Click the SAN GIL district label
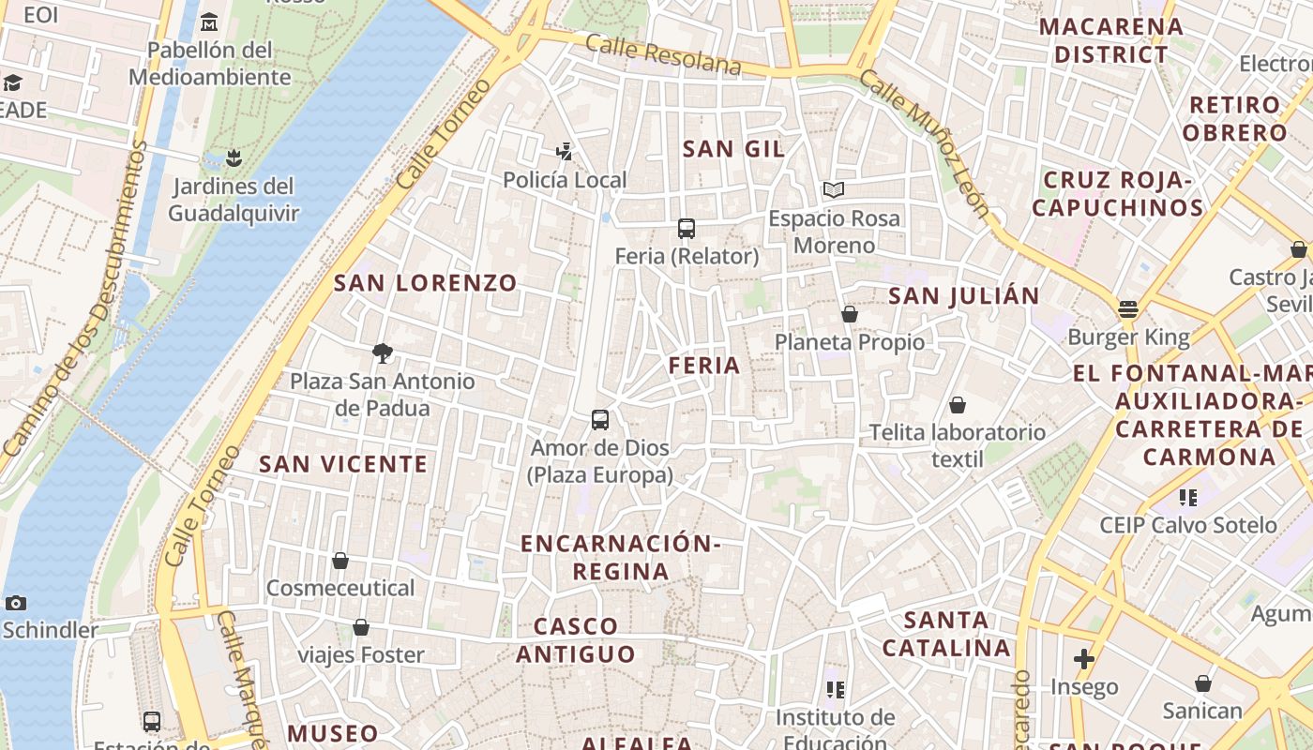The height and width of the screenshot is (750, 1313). click(x=733, y=149)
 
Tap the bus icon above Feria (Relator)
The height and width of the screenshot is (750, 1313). click(x=687, y=229)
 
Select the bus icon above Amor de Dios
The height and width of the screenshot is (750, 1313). click(x=600, y=420)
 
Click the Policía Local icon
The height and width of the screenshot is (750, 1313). click(x=565, y=152)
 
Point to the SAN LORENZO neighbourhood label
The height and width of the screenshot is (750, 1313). click(x=426, y=283)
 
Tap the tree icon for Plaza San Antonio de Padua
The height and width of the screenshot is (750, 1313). click(x=382, y=353)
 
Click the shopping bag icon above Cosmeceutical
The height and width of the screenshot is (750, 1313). click(x=340, y=561)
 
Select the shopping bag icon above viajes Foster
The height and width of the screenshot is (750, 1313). click(x=361, y=627)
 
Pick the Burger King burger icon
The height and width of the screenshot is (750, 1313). click(x=1128, y=309)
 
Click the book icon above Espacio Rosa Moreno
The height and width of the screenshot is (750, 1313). click(x=834, y=190)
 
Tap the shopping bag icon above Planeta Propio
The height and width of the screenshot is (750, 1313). click(x=850, y=314)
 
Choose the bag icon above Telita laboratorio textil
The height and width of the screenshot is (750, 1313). click(x=958, y=405)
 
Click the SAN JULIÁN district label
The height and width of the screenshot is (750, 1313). click(x=963, y=296)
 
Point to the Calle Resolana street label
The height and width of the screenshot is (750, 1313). click(x=663, y=55)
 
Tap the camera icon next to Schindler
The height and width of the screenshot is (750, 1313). click(x=15, y=603)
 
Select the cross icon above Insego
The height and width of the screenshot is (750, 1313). click(x=1084, y=659)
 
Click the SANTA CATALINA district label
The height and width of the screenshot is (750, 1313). click(x=947, y=634)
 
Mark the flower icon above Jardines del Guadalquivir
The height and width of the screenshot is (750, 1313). click(x=234, y=157)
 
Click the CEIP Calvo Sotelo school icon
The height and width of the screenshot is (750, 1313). click(x=1188, y=497)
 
